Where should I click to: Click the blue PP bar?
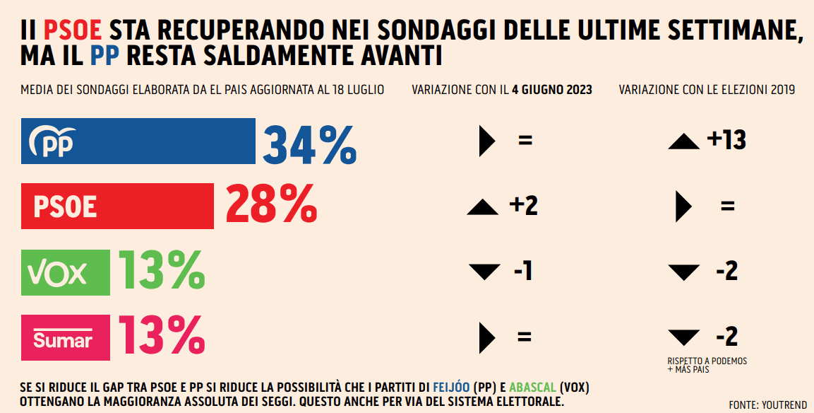click(138, 141)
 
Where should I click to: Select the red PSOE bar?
click(117, 206)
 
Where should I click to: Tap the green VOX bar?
click(65, 272)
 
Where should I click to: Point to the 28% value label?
click(271, 206)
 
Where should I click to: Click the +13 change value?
click(726, 140)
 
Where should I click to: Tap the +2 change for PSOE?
click(523, 206)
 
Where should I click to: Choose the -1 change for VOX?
click(523, 271)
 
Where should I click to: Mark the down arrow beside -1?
click(483, 272)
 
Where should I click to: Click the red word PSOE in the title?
click(73, 30)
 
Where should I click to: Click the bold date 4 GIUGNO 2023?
click(552, 90)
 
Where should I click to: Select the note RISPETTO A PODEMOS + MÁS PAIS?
click(707, 365)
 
